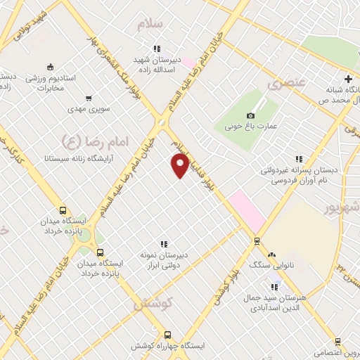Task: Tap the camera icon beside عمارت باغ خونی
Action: [x=251, y=115]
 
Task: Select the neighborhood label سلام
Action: [x=150, y=24]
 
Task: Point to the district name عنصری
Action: [x=287, y=84]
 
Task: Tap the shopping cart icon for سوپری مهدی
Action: [x=88, y=98]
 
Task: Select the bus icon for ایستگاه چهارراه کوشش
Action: [x=167, y=335]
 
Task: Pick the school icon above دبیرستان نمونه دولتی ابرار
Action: [x=163, y=244]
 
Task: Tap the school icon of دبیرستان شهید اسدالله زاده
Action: [x=157, y=49]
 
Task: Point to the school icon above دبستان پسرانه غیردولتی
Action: [x=299, y=159]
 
